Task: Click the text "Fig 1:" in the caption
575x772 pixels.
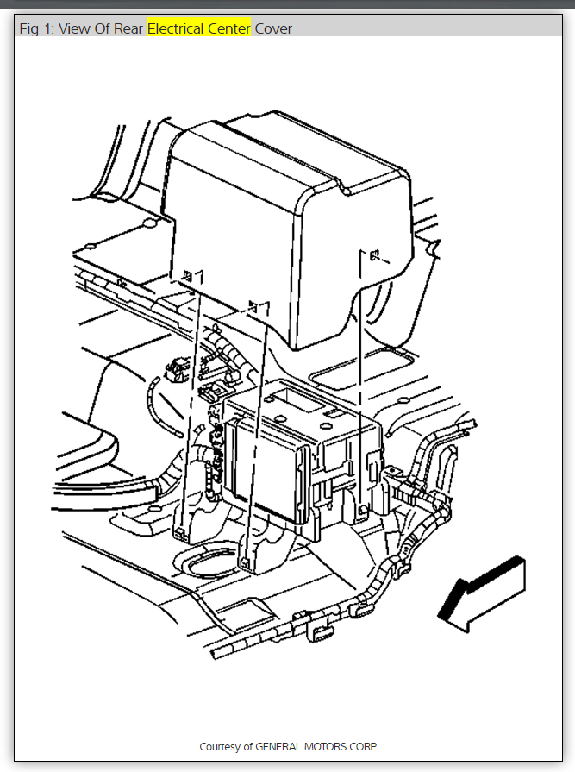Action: coord(37,28)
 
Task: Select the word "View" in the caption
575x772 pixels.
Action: coord(74,28)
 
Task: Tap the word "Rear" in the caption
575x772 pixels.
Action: coord(128,28)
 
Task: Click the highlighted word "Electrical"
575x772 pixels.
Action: coord(174,28)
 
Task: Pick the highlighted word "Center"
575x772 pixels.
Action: coord(228,28)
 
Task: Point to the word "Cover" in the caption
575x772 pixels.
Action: coord(273,28)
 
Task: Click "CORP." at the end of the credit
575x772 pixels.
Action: coord(366,746)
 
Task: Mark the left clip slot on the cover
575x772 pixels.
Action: coord(187,275)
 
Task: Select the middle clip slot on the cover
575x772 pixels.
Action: coord(253,305)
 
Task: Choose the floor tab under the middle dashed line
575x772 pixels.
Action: coord(246,562)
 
